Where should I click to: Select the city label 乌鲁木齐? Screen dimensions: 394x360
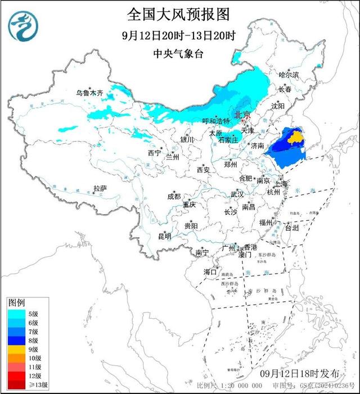(x=91, y=93)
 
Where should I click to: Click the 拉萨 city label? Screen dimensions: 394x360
(x=100, y=188)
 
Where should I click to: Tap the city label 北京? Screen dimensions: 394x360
(x=242, y=114)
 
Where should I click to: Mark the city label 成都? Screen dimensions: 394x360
(x=174, y=196)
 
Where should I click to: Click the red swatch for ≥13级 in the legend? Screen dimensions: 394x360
(x=15, y=385)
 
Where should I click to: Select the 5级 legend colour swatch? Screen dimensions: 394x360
(x=15, y=314)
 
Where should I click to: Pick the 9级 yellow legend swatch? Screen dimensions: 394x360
(x=15, y=349)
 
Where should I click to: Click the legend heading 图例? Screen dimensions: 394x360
(x=17, y=303)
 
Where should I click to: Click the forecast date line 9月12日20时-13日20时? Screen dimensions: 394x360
(x=179, y=35)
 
